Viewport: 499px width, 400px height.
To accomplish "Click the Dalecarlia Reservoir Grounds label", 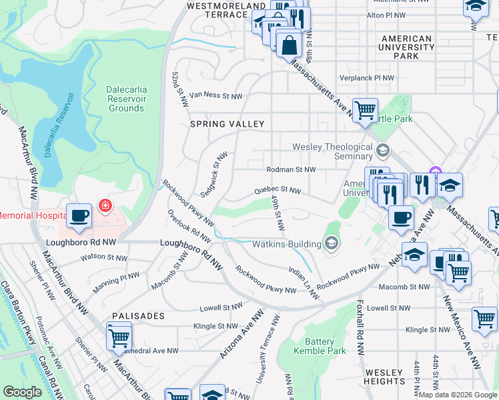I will point(126,99).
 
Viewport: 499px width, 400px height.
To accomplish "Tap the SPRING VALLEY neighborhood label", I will point(227,124).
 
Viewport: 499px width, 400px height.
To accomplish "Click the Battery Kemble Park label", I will point(319,346).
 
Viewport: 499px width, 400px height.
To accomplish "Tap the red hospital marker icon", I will point(105,205).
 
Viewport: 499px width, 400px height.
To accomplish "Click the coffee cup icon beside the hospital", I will point(79,215).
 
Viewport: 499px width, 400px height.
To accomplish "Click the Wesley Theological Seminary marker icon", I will point(382,148).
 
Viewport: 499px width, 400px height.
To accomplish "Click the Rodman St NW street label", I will point(290,169).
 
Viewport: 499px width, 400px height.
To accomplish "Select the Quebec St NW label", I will point(277,191).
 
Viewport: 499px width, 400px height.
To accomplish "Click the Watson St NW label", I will point(103,257).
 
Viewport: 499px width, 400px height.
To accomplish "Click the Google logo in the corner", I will point(23,392).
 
